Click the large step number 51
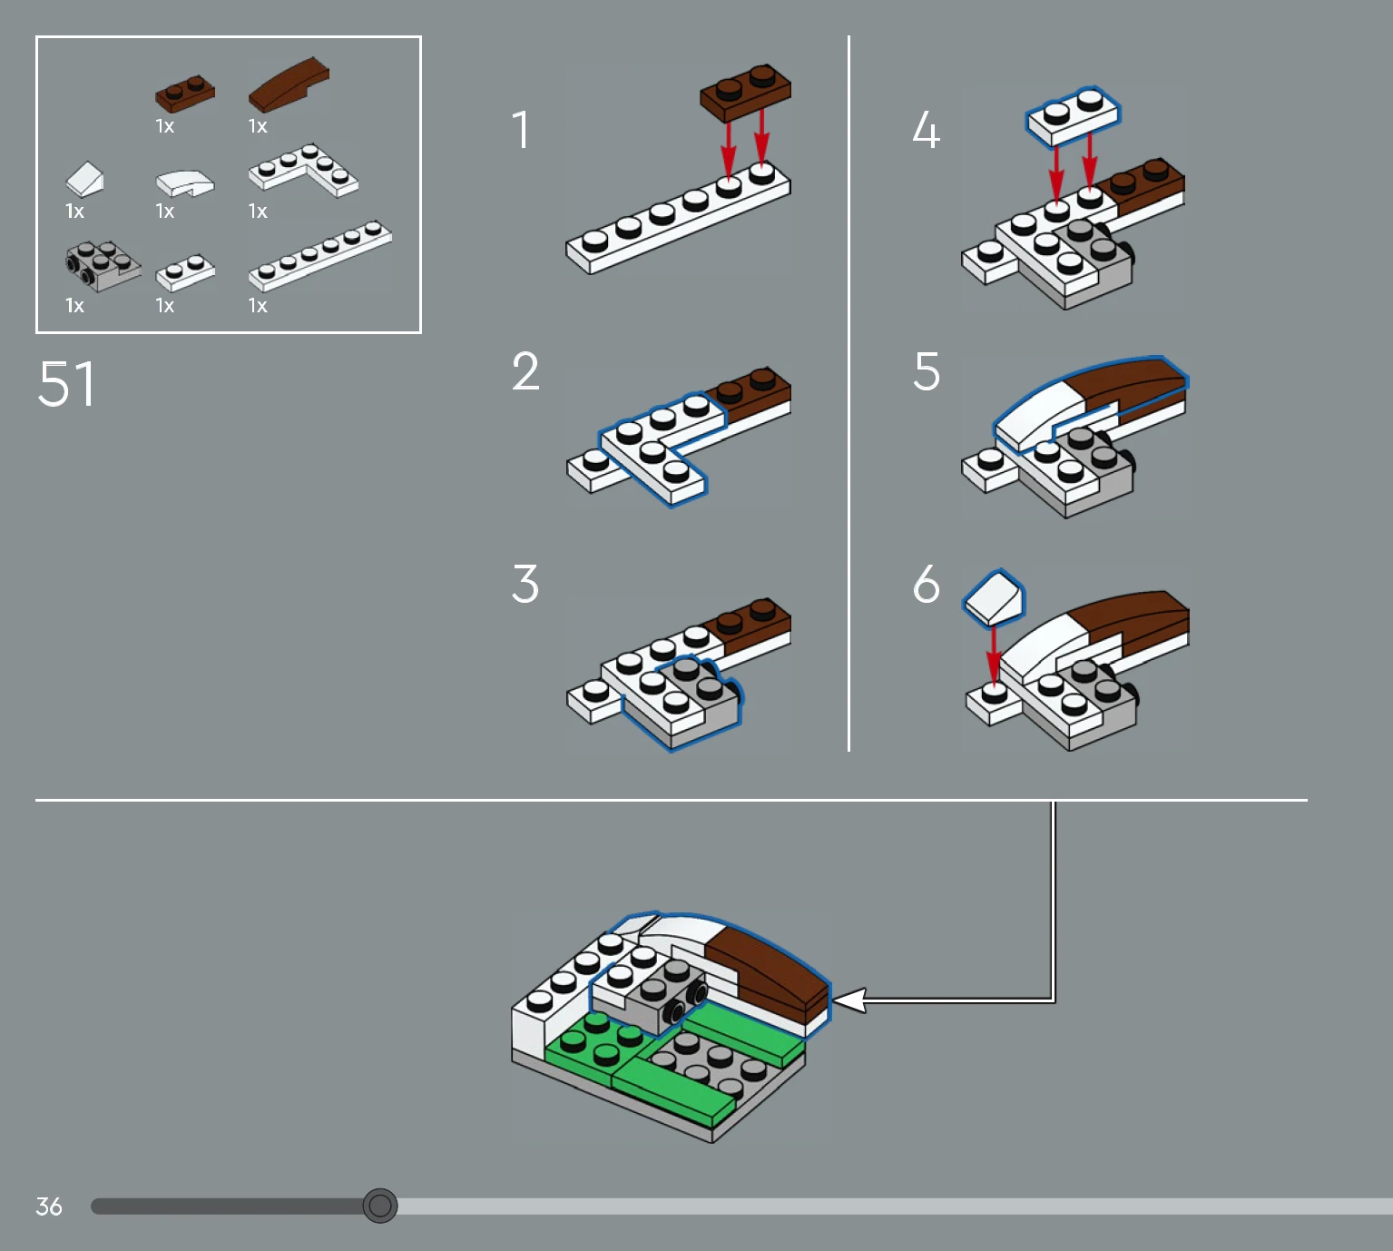[66, 383]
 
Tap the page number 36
[49, 1207]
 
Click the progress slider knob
[379, 1206]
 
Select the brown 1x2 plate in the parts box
[185, 94]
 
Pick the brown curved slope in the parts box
[289, 84]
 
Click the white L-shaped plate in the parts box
[303, 170]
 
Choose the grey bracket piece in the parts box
[103, 266]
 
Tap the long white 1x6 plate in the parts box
[320, 256]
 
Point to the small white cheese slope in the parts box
[84, 180]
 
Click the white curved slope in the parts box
[185, 183]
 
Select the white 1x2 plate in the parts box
[186, 273]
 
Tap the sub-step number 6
[927, 584]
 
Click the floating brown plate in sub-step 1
[746, 94]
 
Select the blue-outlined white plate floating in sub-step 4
[1074, 115]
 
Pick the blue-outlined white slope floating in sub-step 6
[994, 597]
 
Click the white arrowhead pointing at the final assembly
[849, 1000]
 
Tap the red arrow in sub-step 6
[994, 655]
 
